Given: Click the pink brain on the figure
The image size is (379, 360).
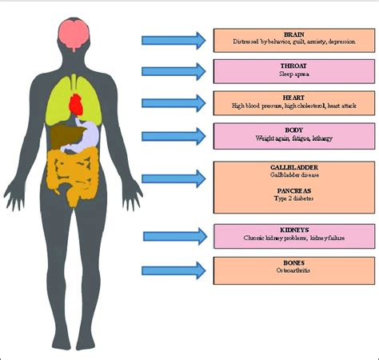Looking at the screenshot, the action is (74, 34).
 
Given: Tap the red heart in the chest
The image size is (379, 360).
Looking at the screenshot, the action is (77, 105).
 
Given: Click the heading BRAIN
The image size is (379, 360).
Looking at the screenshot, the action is (294, 34).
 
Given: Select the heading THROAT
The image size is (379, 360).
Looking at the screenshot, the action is (293, 66).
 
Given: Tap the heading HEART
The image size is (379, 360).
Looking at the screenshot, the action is (293, 98).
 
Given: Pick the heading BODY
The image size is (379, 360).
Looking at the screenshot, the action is (294, 130).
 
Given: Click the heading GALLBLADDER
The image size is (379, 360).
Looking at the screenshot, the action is (294, 167).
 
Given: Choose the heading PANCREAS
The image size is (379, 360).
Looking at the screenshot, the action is (294, 191).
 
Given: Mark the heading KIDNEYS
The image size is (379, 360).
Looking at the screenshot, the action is (294, 230).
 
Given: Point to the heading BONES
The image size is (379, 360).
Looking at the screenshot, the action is (293, 263).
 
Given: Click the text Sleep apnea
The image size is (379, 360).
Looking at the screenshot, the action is (294, 74).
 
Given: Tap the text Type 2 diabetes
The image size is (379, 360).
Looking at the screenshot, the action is (293, 198).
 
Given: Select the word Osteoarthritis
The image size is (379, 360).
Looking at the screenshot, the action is (293, 270).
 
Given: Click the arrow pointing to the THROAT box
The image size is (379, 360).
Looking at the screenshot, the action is (174, 71).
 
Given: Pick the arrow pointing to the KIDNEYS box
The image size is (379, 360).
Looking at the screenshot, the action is (175, 236).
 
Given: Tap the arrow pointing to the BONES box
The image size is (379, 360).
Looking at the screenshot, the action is (174, 270).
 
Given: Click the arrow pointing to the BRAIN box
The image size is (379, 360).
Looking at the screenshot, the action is (174, 41).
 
